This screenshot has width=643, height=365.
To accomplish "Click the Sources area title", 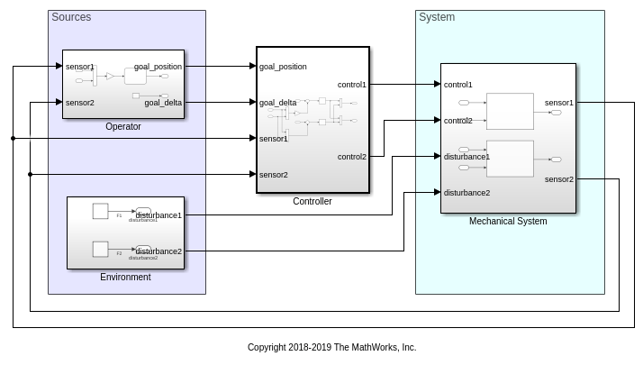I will click(71, 17).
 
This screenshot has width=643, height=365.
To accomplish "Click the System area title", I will click(437, 17).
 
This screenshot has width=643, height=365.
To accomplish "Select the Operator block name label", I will click(123, 127).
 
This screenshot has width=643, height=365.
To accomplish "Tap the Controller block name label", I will click(312, 201).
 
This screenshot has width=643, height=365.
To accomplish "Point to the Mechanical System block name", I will click(508, 221).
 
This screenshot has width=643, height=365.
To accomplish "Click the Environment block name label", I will click(125, 277).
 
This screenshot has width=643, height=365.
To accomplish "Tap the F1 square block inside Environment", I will click(101, 211).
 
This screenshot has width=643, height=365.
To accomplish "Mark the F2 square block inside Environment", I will click(101, 248).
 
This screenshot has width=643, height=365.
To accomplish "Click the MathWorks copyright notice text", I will click(331, 347).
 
